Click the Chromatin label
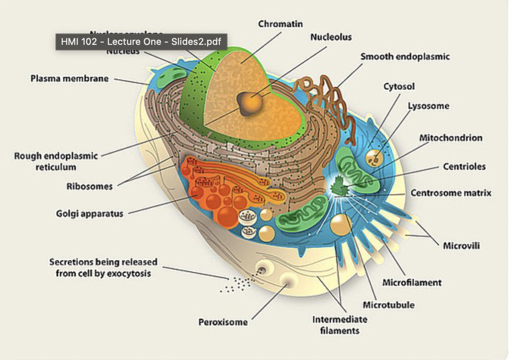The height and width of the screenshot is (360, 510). click(x=280, y=24)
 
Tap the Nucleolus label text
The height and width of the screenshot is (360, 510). click(x=331, y=37)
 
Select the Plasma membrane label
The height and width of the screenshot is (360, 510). click(x=69, y=78)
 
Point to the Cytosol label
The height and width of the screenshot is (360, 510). click(x=399, y=87)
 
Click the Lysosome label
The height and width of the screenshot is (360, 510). click(x=428, y=106)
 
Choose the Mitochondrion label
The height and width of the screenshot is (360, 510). click(x=451, y=138)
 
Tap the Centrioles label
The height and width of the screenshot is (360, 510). click(x=464, y=166)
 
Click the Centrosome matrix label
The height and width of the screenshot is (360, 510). click(x=451, y=193)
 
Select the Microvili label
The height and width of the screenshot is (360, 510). click(x=461, y=246)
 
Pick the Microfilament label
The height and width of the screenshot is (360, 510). click(x=412, y=282)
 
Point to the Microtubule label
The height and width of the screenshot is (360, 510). click(x=388, y=305)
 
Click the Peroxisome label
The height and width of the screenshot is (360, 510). click(x=223, y=322)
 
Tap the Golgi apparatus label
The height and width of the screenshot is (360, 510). click(x=90, y=213)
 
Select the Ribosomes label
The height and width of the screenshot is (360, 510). click(x=89, y=186)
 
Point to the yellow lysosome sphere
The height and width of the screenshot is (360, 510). click(x=375, y=158)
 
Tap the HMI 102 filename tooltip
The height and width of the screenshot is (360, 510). click(x=141, y=42)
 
